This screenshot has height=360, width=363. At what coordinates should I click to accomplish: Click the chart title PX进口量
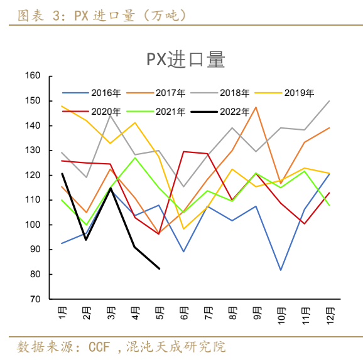click(185, 60)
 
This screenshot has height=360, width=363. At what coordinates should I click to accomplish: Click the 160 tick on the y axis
click(33, 76)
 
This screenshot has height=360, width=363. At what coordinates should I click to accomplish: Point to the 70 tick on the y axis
click(35, 299)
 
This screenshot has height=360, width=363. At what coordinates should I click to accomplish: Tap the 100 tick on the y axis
click(33, 225)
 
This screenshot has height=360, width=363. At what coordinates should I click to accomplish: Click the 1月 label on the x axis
click(62, 312)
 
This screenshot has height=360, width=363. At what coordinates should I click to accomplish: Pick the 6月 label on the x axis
click(183, 312)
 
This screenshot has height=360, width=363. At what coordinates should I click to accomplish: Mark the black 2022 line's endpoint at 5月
click(159, 268)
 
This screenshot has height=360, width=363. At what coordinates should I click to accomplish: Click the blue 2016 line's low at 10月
click(281, 270)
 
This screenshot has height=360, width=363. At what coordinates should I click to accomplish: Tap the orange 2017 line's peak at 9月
click(256, 107)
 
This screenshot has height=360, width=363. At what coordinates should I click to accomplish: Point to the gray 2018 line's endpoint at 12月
click(330, 101)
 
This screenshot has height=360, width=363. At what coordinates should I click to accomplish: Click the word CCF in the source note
click(100, 347)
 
